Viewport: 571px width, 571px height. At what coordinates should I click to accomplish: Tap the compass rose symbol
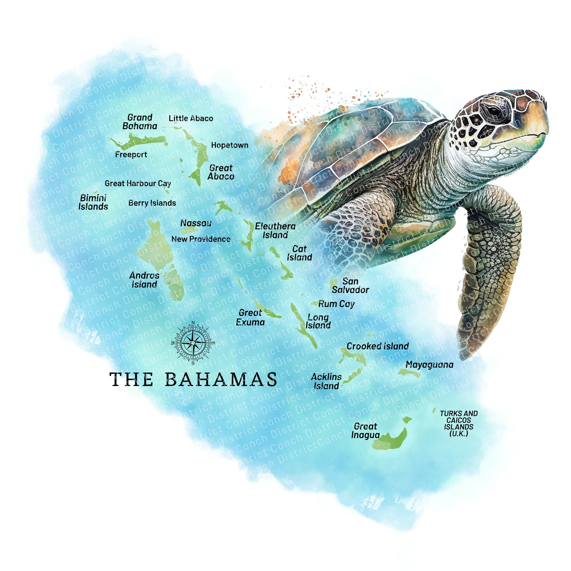pyautogui.click(x=193, y=343)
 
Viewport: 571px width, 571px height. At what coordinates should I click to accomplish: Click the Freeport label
pyautogui.click(x=131, y=154)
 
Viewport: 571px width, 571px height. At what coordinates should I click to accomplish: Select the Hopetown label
pyautogui.click(x=230, y=145)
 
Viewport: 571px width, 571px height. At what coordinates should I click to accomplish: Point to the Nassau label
pyautogui.click(x=196, y=223)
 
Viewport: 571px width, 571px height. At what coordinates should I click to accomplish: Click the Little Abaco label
pyautogui.click(x=191, y=118)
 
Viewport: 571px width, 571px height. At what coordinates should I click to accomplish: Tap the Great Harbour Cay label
pyautogui.click(x=138, y=184)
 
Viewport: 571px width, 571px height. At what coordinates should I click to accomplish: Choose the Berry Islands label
pyautogui.click(x=152, y=203)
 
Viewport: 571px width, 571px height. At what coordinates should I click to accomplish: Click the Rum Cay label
pyautogui.click(x=336, y=304)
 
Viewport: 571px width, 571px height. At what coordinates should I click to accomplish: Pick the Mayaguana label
pyautogui.click(x=429, y=365)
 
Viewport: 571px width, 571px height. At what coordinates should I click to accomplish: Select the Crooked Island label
pyautogui.click(x=377, y=346)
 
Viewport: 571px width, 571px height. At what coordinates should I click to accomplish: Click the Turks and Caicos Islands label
pyautogui.click(x=459, y=423)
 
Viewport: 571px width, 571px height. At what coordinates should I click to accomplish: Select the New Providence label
pyautogui.click(x=201, y=239)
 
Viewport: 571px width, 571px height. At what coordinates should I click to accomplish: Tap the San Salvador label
pyautogui.click(x=350, y=285)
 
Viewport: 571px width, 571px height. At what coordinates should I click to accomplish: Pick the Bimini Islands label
pyautogui.click(x=93, y=202)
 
